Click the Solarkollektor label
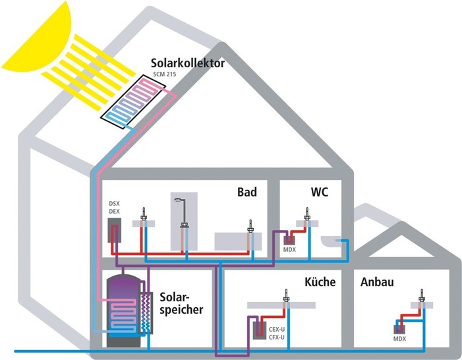click(187, 64)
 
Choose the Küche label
click(320, 282)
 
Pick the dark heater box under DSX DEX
click(115, 231)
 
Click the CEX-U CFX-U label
click(275, 330)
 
